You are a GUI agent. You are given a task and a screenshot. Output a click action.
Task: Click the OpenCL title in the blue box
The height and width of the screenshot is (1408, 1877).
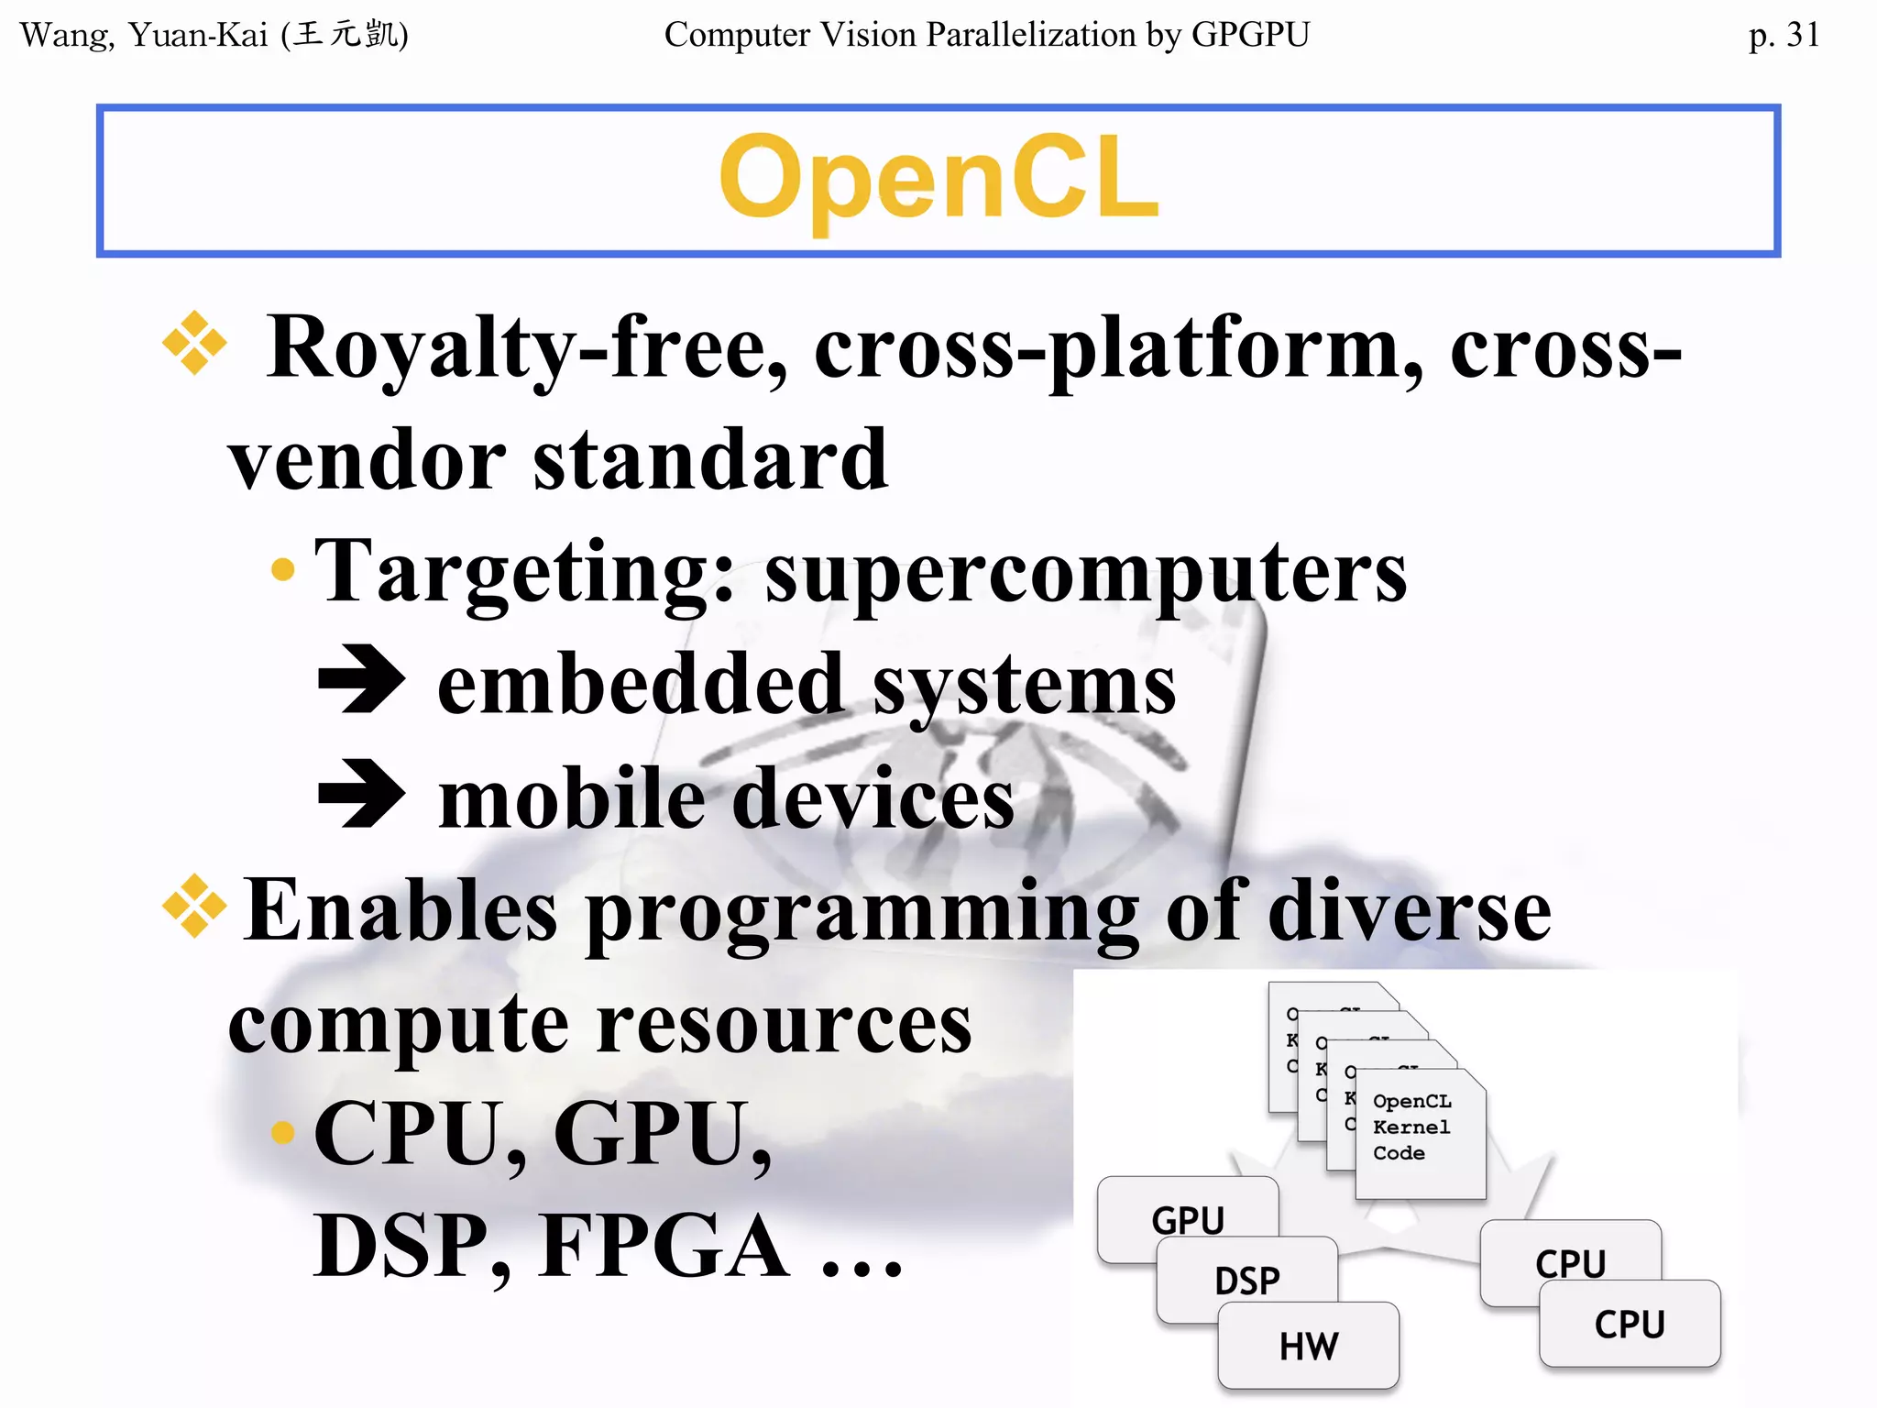coord(938,179)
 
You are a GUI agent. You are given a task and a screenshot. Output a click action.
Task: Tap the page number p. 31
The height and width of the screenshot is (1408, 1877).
coord(1783,35)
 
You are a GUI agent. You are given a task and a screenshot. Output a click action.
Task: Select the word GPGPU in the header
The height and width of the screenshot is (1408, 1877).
coord(1250,35)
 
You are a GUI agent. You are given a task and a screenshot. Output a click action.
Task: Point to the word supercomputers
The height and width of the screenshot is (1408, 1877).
coord(1085,573)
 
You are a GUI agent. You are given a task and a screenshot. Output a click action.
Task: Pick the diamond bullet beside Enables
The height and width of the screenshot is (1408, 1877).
coord(193,907)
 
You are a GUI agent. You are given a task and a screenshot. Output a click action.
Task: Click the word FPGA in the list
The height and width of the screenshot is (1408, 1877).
coord(664,1247)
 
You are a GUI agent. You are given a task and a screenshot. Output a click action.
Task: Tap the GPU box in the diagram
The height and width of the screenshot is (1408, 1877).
coord(1187,1218)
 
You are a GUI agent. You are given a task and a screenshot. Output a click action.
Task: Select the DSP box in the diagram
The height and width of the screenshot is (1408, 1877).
coord(1246,1280)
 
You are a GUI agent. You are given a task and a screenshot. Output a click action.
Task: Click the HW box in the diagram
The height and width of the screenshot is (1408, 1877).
coord(1308,1346)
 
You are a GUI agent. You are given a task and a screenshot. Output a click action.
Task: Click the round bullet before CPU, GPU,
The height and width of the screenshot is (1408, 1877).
coord(283,1133)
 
